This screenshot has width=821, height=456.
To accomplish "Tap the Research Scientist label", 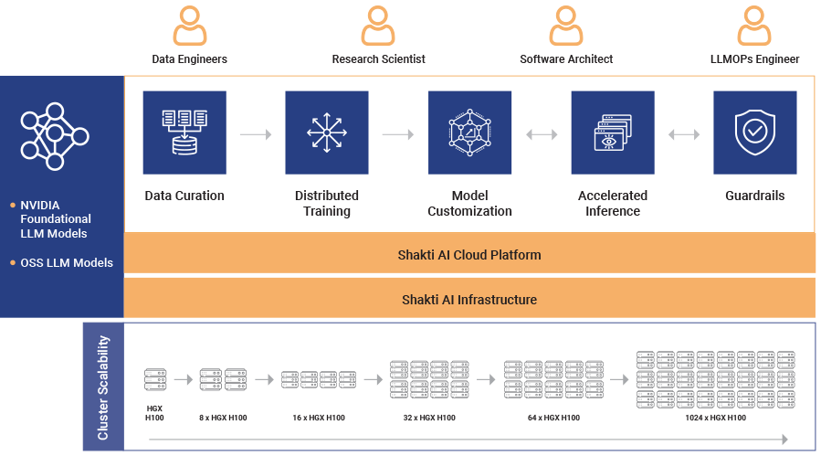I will click(378, 59).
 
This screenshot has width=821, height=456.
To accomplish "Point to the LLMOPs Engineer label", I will click(754, 59).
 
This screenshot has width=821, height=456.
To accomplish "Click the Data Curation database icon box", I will click(184, 133).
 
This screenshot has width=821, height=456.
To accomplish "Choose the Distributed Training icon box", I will click(327, 133).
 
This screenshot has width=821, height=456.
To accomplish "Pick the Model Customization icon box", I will click(469, 133).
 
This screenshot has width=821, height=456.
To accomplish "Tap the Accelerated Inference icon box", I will click(612, 133).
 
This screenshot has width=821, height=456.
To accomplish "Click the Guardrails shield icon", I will click(754, 133).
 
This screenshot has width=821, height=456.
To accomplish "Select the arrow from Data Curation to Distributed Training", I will click(256, 134).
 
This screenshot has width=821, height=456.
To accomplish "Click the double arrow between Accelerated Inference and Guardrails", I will click(683, 134).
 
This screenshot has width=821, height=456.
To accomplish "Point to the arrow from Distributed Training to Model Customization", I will click(398, 134).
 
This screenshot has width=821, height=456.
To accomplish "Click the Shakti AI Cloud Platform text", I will click(469, 255).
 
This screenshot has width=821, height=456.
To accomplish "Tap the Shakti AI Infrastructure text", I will click(469, 300).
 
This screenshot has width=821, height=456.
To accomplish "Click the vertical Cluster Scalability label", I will click(103, 387).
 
